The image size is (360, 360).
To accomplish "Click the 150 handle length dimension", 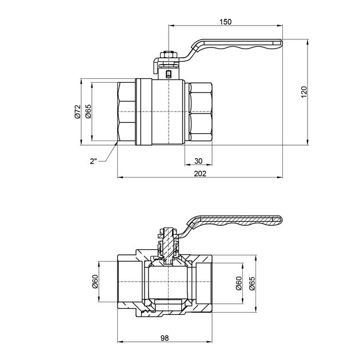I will [x=225, y=22].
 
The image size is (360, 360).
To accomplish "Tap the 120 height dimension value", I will [x=304, y=91].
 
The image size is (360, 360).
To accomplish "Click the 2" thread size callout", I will [x=93, y=161].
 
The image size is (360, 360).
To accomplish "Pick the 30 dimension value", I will [x=198, y=160].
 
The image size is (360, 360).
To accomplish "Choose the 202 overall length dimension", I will [x=199, y=173].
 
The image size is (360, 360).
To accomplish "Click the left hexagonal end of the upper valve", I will [x=126, y=113].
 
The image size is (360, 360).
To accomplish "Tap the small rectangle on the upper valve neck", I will [x=168, y=73].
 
